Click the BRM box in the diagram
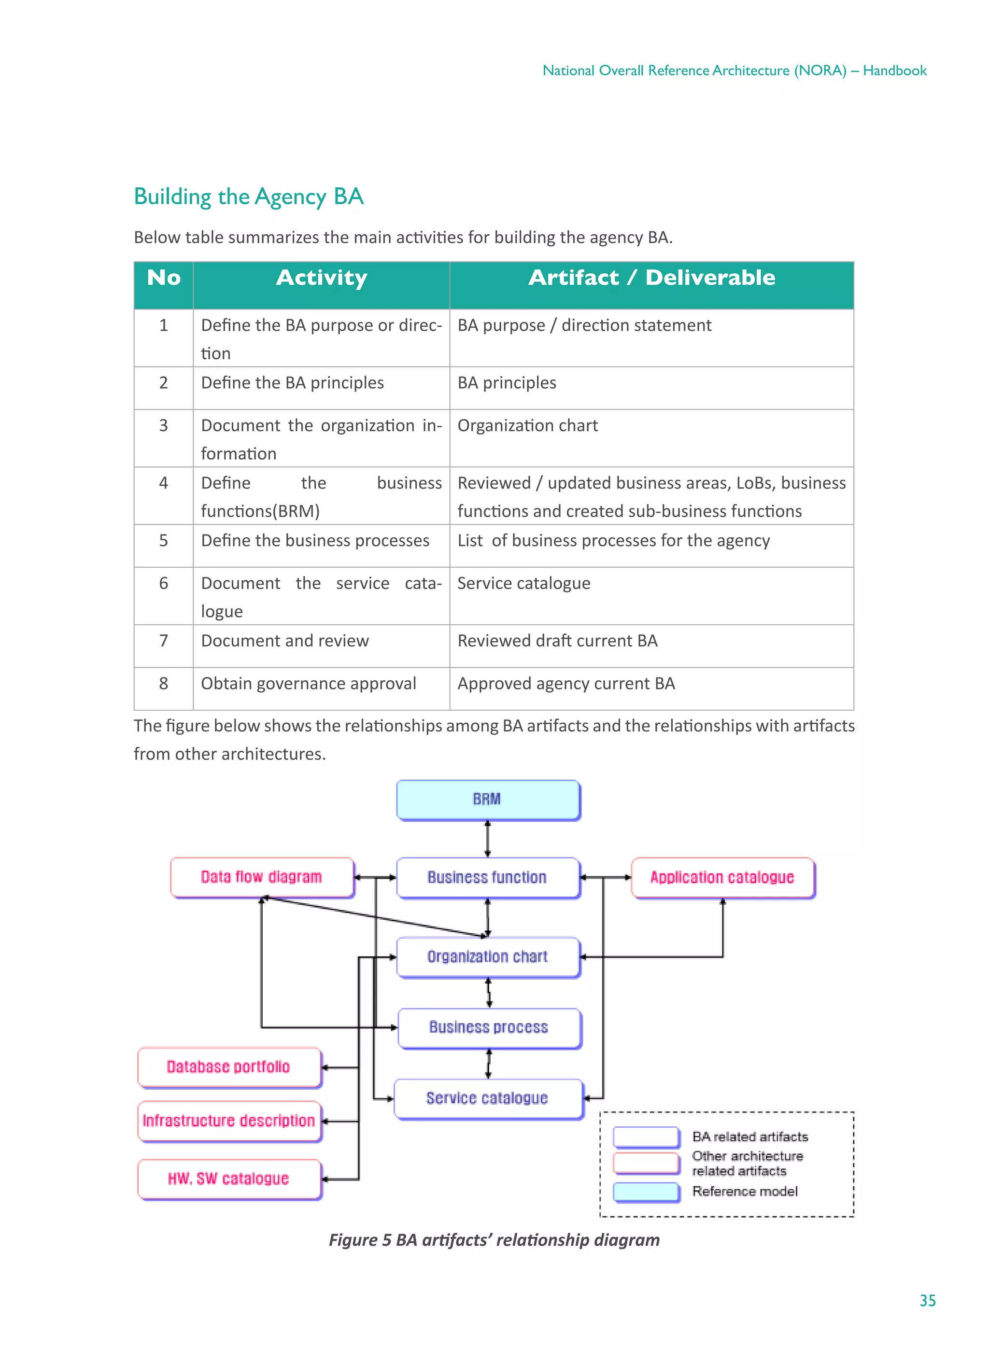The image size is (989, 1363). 488,799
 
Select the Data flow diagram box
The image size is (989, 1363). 262,877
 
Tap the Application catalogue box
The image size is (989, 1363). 722,877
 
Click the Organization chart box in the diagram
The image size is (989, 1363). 488,956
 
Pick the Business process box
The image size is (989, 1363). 489,1027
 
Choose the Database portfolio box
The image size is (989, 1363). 229,1067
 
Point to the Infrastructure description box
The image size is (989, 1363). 229,1120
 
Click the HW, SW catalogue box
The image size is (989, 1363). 229,1179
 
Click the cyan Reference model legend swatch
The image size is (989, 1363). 646,1191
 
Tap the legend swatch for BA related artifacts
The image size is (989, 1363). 646,1137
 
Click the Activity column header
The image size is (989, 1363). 321,278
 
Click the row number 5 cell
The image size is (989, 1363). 164,540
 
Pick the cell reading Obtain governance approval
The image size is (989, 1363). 309,683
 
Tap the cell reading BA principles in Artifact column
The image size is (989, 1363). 507,383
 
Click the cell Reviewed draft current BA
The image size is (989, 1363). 557,641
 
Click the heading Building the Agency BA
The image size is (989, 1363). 248,197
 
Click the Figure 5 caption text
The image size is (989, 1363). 494,1240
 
